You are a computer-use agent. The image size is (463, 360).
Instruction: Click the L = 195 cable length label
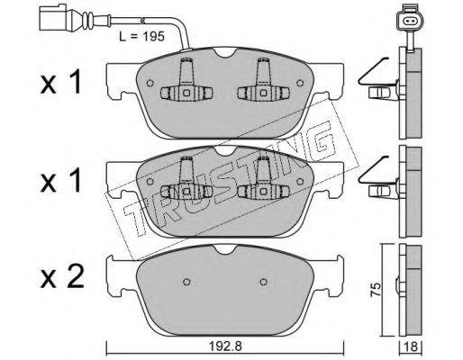click(141, 37)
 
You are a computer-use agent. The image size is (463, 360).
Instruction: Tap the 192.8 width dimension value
click(225, 346)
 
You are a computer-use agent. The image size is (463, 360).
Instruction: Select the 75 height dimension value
click(376, 290)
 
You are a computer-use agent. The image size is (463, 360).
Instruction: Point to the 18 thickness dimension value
click(411, 347)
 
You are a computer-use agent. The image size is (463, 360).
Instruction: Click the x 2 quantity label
click(62, 278)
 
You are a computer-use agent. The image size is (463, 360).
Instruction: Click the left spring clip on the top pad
click(186, 80)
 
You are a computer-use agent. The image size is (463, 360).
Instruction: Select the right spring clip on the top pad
click(263, 80)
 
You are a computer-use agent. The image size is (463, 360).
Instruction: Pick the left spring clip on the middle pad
click(186, 178)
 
